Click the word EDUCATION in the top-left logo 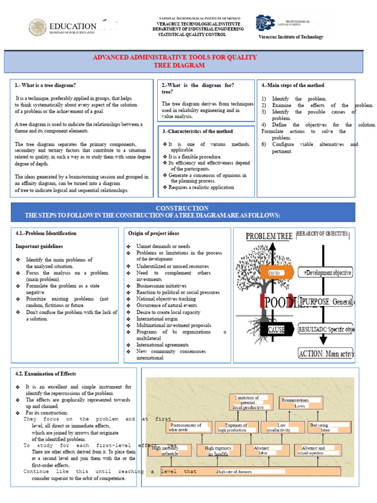73,26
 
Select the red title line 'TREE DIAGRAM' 179,65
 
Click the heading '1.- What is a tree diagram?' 46,85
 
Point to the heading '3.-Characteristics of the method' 197,131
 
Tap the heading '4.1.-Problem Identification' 46,233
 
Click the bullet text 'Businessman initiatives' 162,285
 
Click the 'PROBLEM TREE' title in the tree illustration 269,236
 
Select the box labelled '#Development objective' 327,273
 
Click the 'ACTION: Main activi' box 326,353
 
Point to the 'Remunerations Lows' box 300,403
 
